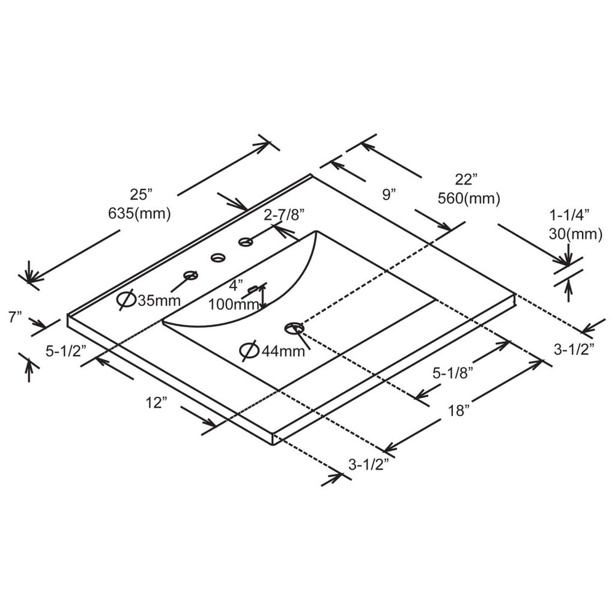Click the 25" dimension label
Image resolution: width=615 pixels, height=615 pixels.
pos(141,195)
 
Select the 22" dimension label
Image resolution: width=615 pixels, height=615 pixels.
pos(466,180)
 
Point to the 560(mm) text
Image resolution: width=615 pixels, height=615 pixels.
pos(468,198)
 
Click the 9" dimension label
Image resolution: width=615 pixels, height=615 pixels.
pos(389,195)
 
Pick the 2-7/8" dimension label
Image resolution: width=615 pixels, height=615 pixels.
pos(284,215)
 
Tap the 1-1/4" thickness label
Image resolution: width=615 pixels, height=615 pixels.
pos(569,215)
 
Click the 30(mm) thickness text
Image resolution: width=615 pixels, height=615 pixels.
pos(575,234)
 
